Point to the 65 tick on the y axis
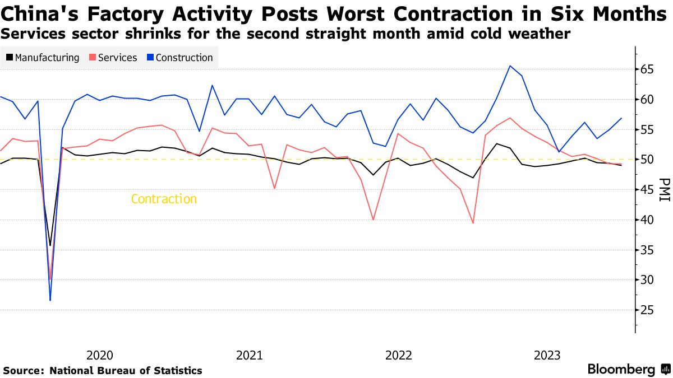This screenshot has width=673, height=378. tap(649, 69)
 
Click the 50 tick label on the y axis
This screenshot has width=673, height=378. tap(649, 160)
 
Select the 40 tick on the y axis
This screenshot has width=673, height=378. tap(649, 220)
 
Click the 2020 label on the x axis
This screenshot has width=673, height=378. tap(100, 355)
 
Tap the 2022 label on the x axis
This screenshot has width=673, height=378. tap(399, 355)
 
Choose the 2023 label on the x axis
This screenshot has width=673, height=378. tap(547, 355)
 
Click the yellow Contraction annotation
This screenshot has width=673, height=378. tap(164, 199)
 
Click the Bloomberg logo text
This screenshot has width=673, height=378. tap(621, 370)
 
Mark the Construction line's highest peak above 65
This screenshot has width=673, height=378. tap(510, 66)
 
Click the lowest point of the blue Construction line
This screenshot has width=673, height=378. tap(50, 301)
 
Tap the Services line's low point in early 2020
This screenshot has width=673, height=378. tap(50, 279)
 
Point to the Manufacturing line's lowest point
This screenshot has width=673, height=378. tap(50, 245)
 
